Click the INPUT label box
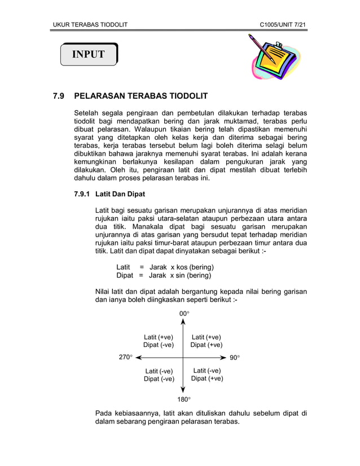(x=89, y=54)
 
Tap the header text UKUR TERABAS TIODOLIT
(x=90, y=25)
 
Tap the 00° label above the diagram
(x=184, y=313)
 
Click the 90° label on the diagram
(x=235, y=358)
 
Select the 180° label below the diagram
(x=184, y=400)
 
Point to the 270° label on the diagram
(x=125, y=358)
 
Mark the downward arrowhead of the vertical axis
(x=183, y=390)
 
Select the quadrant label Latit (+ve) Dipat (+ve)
(x=206, y=341)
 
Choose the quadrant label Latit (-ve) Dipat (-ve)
(x=159, y=375)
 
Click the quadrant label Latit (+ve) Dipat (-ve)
(x=159, y=341)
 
